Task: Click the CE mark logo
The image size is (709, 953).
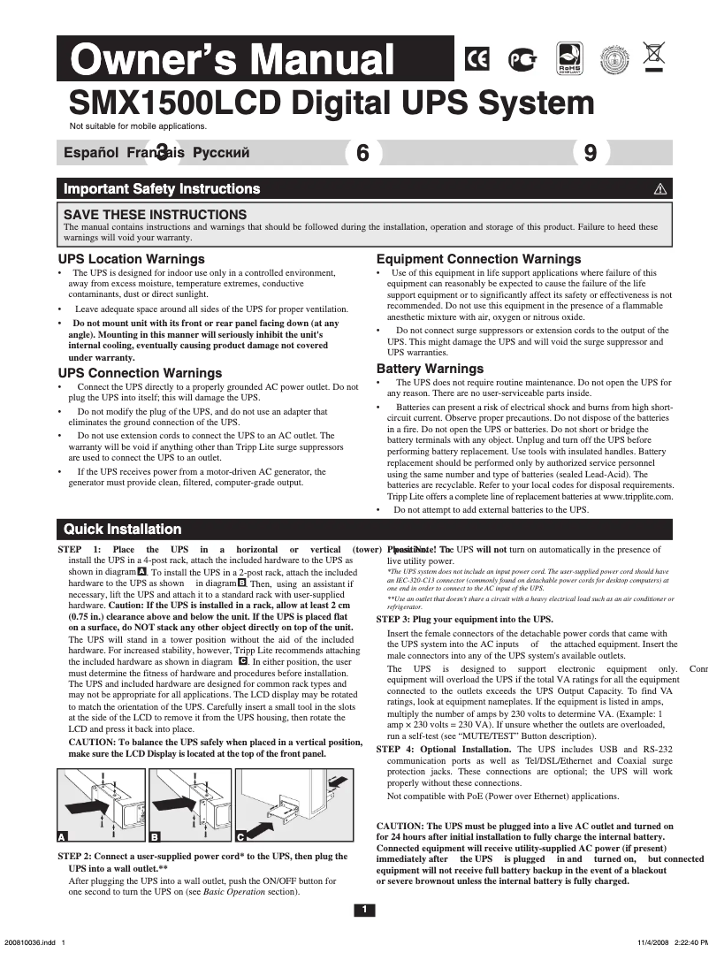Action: (476, 59)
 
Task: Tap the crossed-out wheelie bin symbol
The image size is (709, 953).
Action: (654, 55)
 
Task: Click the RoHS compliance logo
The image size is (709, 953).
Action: (568, 59)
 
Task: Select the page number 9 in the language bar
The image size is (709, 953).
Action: (591, 153)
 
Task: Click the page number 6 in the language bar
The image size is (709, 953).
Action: (362, 153)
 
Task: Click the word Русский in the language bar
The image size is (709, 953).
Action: (221, 153)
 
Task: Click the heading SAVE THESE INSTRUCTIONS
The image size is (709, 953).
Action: (156, 215)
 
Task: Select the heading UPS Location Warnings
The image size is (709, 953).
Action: (132, 259)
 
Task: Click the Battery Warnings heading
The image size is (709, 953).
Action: (430, 369)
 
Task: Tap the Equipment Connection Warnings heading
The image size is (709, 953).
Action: (478, 259)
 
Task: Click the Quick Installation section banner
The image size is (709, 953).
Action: (123, 530)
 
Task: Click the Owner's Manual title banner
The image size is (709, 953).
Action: (233, 60)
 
